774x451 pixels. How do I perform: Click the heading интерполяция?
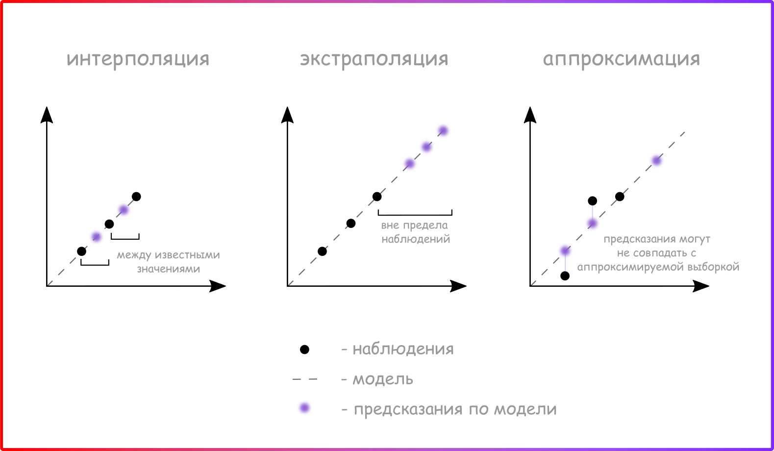(x=138, y=59)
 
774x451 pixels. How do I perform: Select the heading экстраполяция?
(x=374, y=59)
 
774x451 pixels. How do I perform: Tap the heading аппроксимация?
(x=622, y=59)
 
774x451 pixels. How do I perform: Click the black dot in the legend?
(x=304, y=350)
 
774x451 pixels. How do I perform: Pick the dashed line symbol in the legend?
(x=305, y=379)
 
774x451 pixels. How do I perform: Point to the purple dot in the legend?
(x=304, y=408)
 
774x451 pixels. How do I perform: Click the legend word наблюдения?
(x=403, y=349)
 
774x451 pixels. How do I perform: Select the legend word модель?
(x=382, y=379)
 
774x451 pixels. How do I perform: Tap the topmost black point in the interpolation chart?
(x=136, y=197)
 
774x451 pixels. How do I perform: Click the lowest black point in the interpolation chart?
(x=81, y=251)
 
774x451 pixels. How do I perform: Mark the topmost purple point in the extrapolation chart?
(x=443, y=130)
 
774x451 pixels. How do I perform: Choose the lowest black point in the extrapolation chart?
(x=322, y=251)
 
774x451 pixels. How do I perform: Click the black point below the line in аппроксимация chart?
(x=565, y=276)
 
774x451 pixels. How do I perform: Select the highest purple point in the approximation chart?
(x=656, y=160)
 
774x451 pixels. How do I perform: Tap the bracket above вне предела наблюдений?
(x=415, y=215)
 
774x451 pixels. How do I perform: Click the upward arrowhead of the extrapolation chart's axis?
(x=287, y=115)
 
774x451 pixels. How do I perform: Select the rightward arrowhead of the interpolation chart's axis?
(x=218, y=286)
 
